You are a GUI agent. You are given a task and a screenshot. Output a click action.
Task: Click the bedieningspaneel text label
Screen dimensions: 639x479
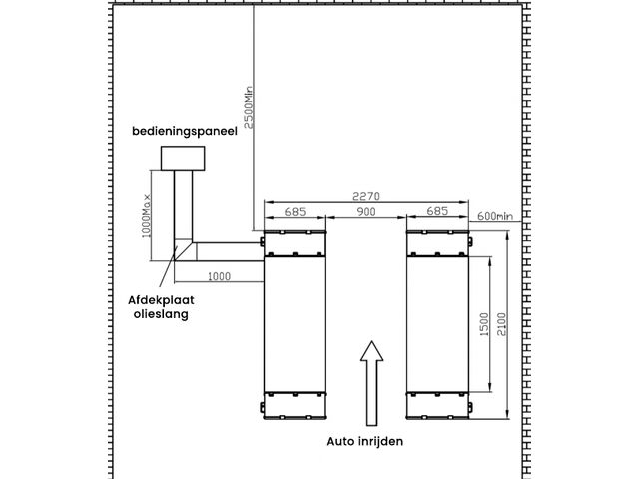tap(185, 132)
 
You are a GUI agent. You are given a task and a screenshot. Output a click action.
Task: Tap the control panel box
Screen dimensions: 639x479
tap(183, 158)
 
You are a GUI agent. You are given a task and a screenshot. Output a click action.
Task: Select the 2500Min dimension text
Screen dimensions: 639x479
tap(249, 107)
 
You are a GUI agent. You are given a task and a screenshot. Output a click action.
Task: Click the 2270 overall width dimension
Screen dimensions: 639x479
tap(366, 196)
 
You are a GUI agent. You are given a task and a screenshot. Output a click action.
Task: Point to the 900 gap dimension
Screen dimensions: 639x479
tap(366, 211)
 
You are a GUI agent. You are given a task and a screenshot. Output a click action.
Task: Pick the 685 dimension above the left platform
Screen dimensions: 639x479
tap(295, 211)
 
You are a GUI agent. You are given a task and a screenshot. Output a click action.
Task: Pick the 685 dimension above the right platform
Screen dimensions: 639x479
tap(437, 211)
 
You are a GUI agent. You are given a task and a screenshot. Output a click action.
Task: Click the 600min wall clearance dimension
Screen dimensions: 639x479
tap(495, 216)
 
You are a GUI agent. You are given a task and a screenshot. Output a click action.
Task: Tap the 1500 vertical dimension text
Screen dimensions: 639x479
tap(484, 324)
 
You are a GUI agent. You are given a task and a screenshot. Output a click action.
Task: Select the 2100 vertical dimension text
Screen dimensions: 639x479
tap(501, 324)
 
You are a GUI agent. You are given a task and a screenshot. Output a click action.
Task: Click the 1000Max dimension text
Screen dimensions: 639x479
tap(146, 216)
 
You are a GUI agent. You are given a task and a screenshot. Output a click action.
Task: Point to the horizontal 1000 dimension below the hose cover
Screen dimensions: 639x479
tap(220, 277)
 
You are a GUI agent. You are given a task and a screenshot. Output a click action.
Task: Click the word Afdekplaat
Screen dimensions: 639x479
tap(161, 301)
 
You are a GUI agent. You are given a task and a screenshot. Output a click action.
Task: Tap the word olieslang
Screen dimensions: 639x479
tap(161, 314)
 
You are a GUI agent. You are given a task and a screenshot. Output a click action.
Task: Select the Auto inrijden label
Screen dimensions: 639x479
tap(365, 441)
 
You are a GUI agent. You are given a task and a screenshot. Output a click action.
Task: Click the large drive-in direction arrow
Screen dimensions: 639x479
tap(371, 383)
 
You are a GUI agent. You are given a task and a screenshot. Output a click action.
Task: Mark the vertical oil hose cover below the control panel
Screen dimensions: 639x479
tap(183, 204)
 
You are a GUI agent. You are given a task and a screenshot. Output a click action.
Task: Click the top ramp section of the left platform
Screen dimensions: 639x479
tap(295, 243)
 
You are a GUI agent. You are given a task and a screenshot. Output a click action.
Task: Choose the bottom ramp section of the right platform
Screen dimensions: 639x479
tap(437, 405)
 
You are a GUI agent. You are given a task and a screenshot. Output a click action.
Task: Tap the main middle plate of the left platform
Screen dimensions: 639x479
tap(295, 324)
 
